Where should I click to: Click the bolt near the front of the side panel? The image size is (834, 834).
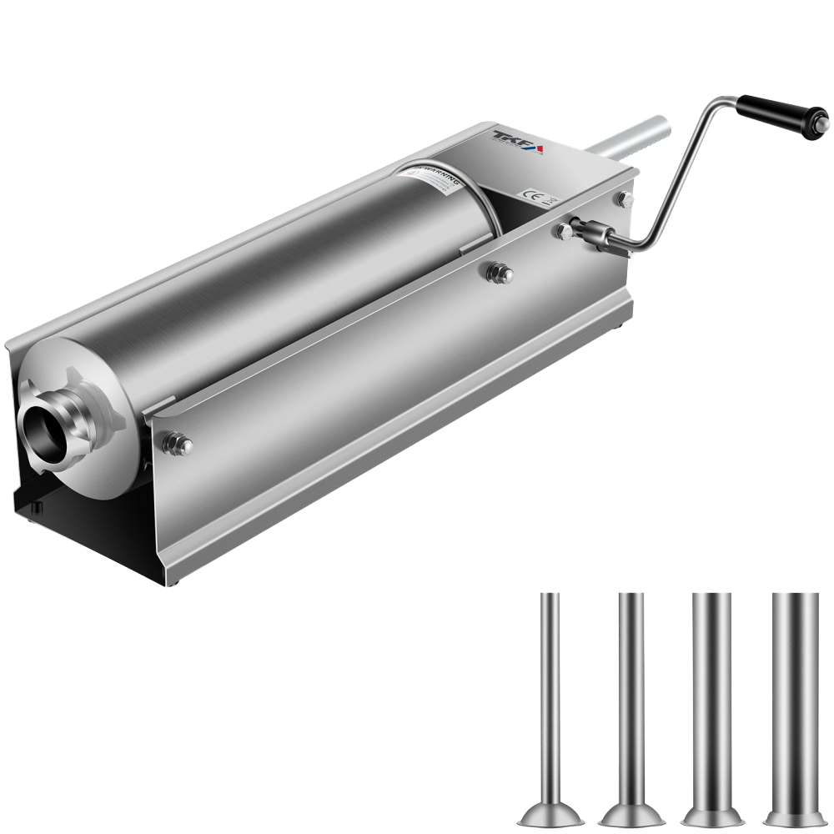pos(178,444)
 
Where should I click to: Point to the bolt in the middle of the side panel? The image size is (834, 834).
pos(499,272)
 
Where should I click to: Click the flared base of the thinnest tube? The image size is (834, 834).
pos(550,814)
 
